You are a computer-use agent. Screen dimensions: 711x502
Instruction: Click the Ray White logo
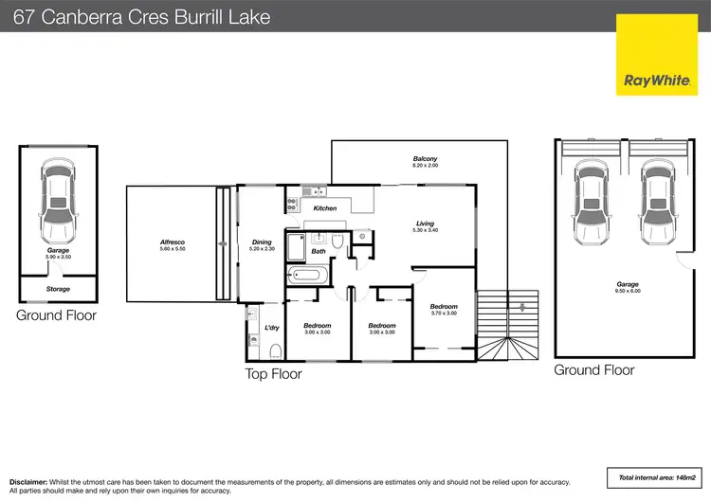tap(657, 55)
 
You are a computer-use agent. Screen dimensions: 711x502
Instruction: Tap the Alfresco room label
tap(173, 242)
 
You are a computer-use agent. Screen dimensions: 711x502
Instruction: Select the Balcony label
tap(425, 158)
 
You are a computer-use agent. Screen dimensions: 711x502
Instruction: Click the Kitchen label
tap(325, 208)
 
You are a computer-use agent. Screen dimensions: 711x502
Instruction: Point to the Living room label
tap(425, 224)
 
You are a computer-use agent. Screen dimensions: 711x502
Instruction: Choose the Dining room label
tap(262, 242)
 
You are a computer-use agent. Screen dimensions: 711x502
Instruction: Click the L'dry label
tap(272, 328)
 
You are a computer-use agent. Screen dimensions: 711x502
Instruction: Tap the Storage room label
tap(58, 289)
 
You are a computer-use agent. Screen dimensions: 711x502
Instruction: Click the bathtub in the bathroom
tap(308, 275)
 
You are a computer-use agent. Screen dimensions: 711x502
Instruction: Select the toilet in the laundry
tap(276, 351)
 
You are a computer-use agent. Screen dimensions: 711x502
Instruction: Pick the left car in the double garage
tap(591, 202)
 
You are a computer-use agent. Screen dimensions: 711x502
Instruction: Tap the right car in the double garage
tap(658, 202)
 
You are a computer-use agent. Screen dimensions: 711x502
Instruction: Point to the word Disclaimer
tap(28, 482)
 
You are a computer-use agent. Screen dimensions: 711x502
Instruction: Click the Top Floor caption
tap(273, 374)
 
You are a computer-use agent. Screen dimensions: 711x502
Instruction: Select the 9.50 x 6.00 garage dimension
tap(628, 291)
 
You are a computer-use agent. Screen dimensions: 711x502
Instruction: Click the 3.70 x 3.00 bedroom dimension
tap(444, 314)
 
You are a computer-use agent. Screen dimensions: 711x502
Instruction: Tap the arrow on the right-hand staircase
tap(522, 308)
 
